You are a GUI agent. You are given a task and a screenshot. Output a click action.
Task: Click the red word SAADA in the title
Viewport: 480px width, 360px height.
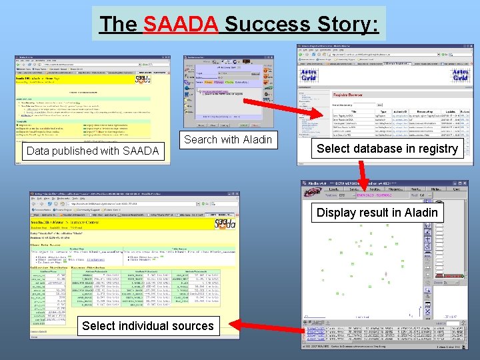(x=180, y=25)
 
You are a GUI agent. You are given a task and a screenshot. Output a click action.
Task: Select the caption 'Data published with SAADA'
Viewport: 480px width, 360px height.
(x=93, y=151)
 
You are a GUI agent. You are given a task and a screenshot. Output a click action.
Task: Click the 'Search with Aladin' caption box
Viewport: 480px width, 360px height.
(x=228, y=139)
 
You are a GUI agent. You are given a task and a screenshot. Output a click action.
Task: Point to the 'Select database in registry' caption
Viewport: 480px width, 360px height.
(x=387, y=149)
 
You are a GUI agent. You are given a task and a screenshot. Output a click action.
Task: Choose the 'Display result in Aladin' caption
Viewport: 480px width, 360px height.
(x=377, y=213)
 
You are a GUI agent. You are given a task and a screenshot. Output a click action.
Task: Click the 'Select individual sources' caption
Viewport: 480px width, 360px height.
(x=147, y=326)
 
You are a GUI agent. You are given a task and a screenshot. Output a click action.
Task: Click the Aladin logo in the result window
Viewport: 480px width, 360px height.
(x=313, y=192)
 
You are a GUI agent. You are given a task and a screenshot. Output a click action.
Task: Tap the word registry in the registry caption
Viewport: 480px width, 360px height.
(x=437, y=149)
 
